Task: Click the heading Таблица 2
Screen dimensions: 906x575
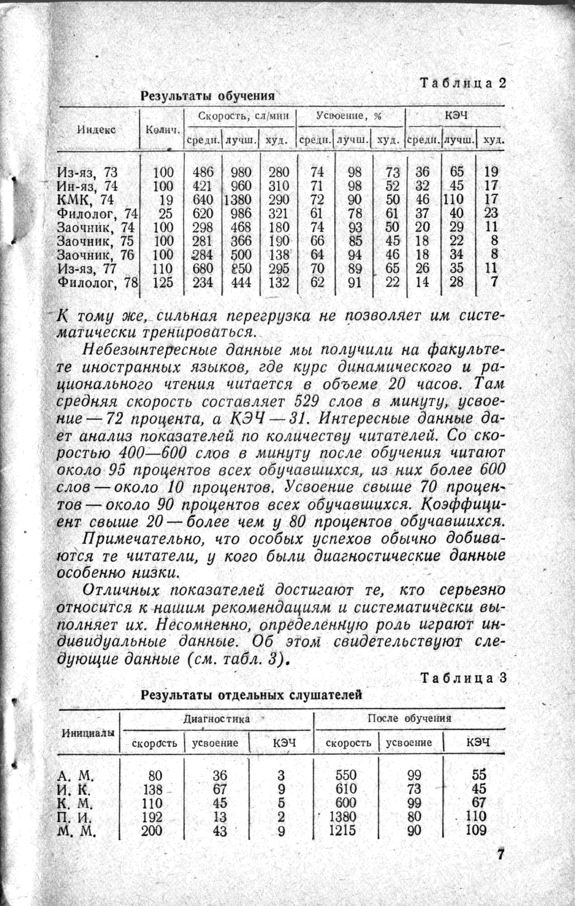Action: (x=463, y=83)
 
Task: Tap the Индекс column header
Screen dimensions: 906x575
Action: (x=97, y=130)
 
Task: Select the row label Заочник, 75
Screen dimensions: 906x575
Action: (x=95, y=241)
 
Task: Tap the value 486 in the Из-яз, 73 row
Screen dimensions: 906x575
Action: (x=203, y=172)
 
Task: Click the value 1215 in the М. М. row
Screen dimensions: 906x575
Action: (x=342, y=830)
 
